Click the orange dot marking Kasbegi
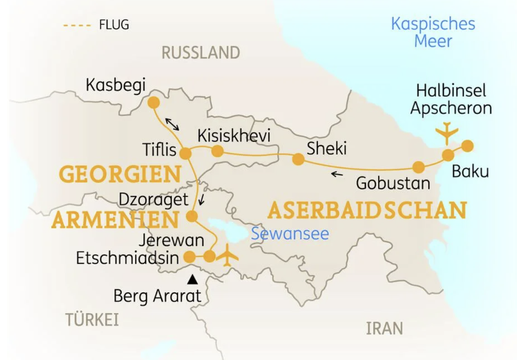tap(153, 103)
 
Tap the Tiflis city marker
tap(186, 153)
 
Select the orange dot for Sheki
tap(298, 159)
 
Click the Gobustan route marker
tap(419, 167)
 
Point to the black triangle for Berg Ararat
tap(193, 279)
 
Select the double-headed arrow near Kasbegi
tap(172, 124)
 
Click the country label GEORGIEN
tap(120, 174)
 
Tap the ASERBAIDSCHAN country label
tap(367, 210)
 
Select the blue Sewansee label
tap(290, 233)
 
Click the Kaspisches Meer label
tap(433, 32)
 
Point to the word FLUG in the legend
tap(114, 25)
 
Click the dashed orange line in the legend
tap(77, 25)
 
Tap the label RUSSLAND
tap(201, 53)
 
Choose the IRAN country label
tap(384, 328)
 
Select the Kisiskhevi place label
tap(234, 136)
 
